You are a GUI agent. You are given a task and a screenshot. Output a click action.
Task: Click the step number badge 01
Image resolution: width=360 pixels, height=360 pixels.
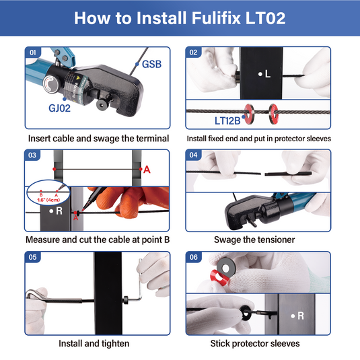pyautogui.click(x=32, y=52)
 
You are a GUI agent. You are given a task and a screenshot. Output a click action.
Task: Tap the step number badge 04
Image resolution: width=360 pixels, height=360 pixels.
pyautogui.click(x=193, y=155)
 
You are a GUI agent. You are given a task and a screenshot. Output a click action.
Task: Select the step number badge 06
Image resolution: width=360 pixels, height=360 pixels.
pyautogui.click(x=194, y=257)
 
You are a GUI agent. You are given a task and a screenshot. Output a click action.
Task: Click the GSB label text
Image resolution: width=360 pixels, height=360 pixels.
pyautogui.click(x=151, y=65)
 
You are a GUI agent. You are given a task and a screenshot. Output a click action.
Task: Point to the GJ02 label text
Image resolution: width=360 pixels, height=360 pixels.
pyautogui.click(x=59, y=108)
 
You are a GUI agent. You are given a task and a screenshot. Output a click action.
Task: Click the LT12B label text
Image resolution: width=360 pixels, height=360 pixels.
pyautogui.click(x=227, y=120)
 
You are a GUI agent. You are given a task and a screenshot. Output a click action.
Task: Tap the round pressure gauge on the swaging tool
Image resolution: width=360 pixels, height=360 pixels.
pyautogui.click(x=50, y=85)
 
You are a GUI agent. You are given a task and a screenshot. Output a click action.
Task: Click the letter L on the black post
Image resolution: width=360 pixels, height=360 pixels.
pyautogui.click(x=268, y=74)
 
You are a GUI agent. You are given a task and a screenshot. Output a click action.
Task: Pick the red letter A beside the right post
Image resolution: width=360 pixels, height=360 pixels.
pyautogui.click(x=147, y=170)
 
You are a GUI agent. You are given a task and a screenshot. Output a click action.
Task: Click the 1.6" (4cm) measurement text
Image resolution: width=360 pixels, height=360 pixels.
pyautogui.click(x=48, y=200)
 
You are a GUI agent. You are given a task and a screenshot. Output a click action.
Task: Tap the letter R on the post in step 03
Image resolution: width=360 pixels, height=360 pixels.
pyautogui.click(x=59, y=211)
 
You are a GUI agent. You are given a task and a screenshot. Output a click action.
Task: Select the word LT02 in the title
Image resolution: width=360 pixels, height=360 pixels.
pyautogui.click(x=265, y=18)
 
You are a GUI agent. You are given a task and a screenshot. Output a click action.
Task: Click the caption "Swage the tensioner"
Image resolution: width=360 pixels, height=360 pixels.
pyautogui.click(x=254, y=240)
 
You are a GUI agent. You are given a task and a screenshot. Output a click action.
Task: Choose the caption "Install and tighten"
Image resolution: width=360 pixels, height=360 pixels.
pyautogui.click(x=94, y=343)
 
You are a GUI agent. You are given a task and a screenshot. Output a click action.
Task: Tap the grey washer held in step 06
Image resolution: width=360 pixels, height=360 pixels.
pyautogui.click(x=226, y=267)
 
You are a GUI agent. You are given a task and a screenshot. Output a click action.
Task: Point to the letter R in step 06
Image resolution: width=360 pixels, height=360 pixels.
pyautogui.click(x=301, y=316)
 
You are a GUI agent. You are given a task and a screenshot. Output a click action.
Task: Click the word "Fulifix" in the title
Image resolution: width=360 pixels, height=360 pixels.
pyautogui.click(x=216, y=18)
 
